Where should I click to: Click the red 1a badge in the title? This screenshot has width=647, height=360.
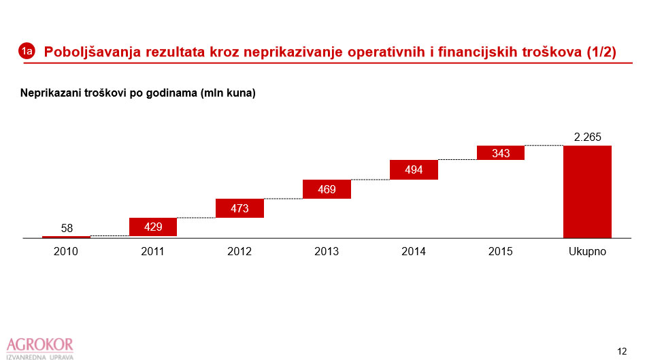point(27,51)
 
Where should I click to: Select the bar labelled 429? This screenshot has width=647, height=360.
point(153,227)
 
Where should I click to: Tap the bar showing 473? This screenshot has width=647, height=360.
point(239,208)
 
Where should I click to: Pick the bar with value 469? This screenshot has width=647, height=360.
point(327,189)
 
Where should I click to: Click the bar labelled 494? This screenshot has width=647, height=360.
point(414,169)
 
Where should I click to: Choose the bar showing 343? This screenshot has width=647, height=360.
point(501,152)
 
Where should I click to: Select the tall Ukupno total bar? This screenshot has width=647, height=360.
point(587,191)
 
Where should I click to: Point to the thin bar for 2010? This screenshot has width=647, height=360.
point(66,237)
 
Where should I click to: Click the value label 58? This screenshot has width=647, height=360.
point(67,228)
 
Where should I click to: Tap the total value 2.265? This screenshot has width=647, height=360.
point(587,137)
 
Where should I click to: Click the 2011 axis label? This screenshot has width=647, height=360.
point(152,251)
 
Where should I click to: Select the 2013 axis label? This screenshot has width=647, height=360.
point(327,251)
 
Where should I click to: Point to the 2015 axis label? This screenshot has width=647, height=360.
point(501,251)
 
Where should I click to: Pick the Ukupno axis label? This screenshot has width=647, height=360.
point(587,251)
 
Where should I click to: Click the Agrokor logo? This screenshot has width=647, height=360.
point(39,347)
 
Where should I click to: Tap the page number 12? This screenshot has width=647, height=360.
point(622,351)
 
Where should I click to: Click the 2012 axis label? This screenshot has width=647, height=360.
point(239,251)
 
